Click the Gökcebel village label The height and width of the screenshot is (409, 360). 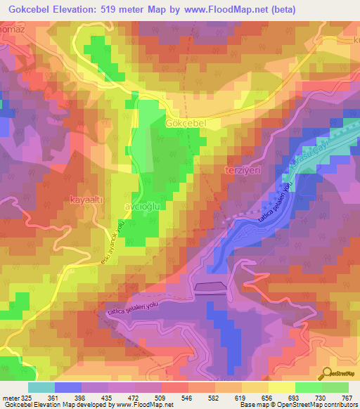[x=185, y=123]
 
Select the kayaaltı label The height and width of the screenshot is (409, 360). [x=87, y=200]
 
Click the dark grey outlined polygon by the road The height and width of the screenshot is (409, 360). [x=212, y=286]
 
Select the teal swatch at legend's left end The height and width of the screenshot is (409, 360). [x=41, y=387]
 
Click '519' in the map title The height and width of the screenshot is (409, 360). [x=119, y=9]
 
